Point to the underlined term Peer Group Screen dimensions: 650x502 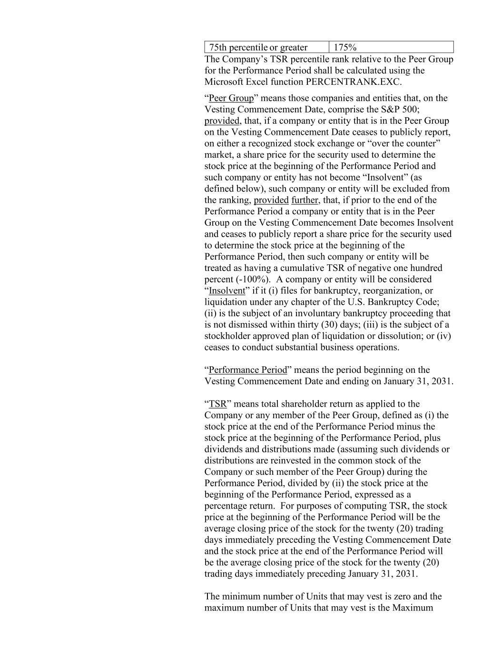click(x=231, y=98)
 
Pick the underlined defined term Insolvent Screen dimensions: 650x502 click(x=227, y=291)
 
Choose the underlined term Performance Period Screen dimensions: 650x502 click(x=248, y=370)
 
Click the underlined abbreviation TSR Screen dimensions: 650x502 click(x=217, y=404)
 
